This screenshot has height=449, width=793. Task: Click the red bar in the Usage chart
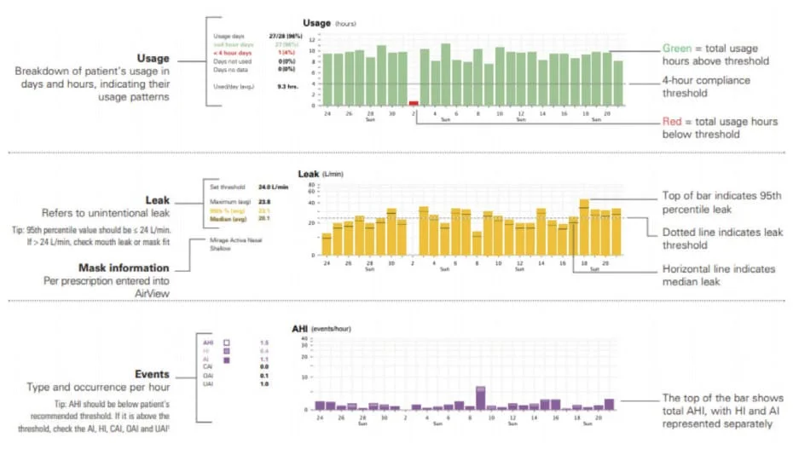[x=414, y=103]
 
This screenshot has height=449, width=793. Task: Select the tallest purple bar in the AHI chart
[x=480, y=399]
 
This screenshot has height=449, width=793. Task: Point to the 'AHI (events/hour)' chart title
[x=321, y=328]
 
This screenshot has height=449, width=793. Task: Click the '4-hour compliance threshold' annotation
[x=707, y=87]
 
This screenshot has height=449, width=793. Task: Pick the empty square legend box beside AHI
[x=228, y=342]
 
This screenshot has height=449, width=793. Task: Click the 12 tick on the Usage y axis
[x=312, y=40]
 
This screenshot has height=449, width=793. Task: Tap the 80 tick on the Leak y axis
[x=312, y=184]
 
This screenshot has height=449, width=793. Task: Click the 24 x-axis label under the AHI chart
[x=320, y=418]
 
